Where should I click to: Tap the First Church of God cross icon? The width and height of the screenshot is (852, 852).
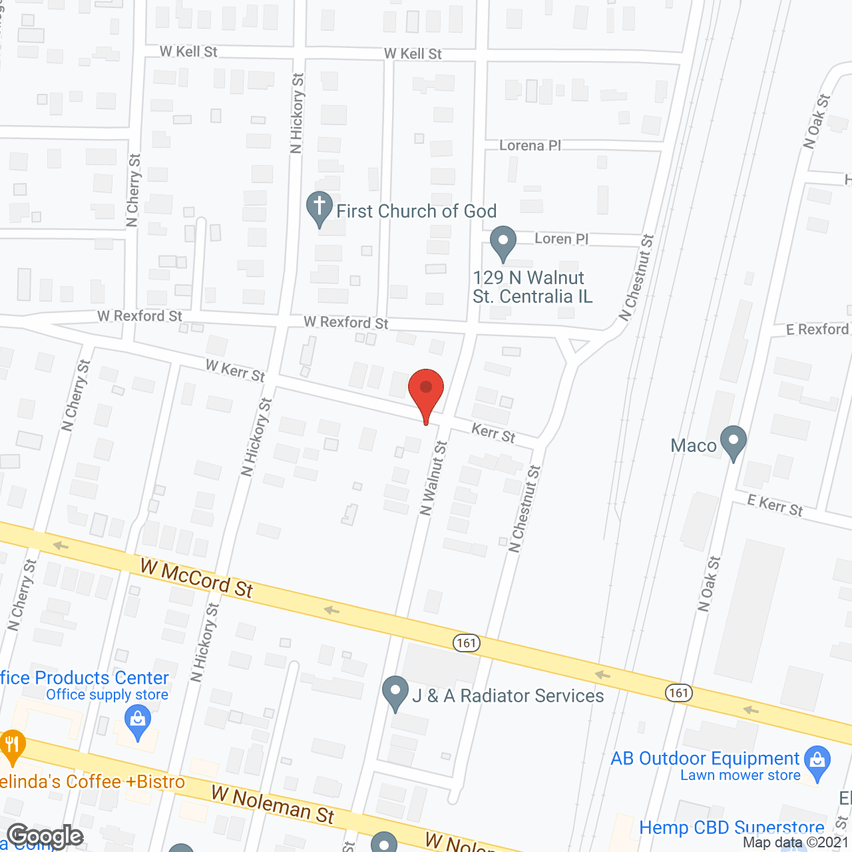(319, 207)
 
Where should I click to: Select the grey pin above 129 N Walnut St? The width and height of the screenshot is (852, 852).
(503, 242)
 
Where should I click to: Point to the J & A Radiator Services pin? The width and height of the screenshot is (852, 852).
(395, 692)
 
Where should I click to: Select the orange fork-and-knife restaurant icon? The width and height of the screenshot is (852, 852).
(12, 745)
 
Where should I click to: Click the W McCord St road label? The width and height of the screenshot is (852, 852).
(197, 578)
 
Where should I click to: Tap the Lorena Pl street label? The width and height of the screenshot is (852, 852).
(531, 145)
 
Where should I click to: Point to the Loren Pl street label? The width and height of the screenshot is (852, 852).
(561, 238)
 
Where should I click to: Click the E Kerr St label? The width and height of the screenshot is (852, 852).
(775, 506)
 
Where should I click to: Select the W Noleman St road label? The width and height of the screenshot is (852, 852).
(273, 804)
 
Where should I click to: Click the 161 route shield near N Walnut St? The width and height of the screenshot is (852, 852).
(467, 642)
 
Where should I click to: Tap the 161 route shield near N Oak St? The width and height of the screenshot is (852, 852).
(678, 693)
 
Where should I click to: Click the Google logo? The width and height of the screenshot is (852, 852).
(45, 836)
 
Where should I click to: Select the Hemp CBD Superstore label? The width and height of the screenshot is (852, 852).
(732, 828)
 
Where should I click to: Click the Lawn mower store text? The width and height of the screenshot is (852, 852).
(740, 775)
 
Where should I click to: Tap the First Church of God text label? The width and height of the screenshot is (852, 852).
(417, 211)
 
